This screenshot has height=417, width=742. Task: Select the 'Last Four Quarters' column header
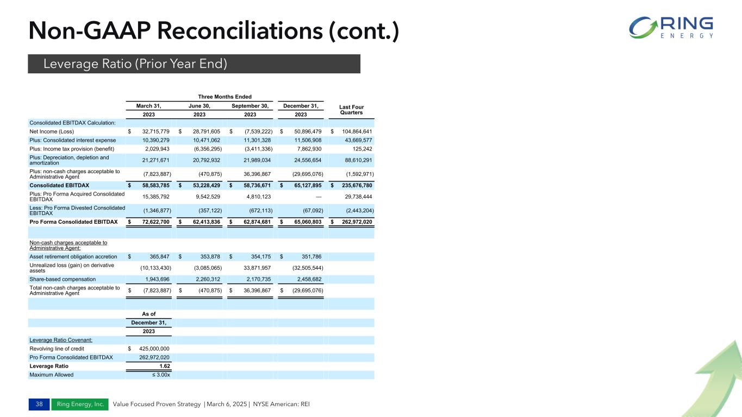[351, 110]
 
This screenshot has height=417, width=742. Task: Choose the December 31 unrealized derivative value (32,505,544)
[303, 267]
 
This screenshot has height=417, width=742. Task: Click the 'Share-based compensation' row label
[63, 279]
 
